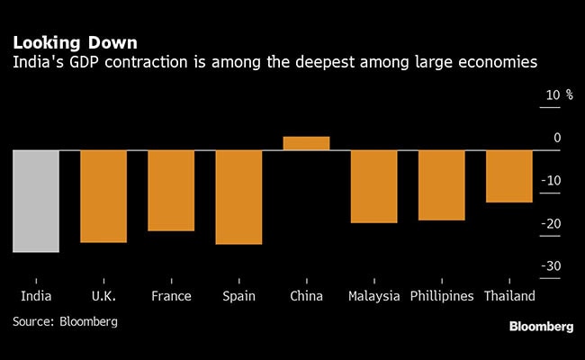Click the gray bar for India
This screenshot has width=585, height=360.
pyautogui.click(x=36, y=201)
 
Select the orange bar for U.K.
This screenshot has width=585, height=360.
pyautogui.click(x=103, y=195)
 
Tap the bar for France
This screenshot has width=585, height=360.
pyautogui.click(x=171, y=190)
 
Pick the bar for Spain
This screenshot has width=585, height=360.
pyautogui.click(x=238, y=196)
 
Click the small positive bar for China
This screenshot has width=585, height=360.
pyautogui.click(x=306, y=143)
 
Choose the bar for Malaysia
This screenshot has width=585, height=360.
pyautogui.click(x=373, y=185)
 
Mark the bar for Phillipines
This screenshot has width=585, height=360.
pyautogui.click(x=441, y=184)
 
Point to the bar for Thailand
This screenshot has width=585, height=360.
pyautogui.click(x=508, y=175)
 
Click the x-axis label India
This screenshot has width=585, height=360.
pyautogui.click(x=36, y=296)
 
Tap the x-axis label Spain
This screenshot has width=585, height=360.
pyautogui.click(x=238, y=296)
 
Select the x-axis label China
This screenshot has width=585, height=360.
pyautogui.click(x=306, y=296)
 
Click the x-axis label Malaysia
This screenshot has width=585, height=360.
pyautogui.click(x=373, y=296)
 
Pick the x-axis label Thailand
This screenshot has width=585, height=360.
pyautogui.click(x=509, y=296)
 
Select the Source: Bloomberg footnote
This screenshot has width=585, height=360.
pyautogui.click(x=65, y=320)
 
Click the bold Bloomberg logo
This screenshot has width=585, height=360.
pyautogui.click(x=541, y=325)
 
